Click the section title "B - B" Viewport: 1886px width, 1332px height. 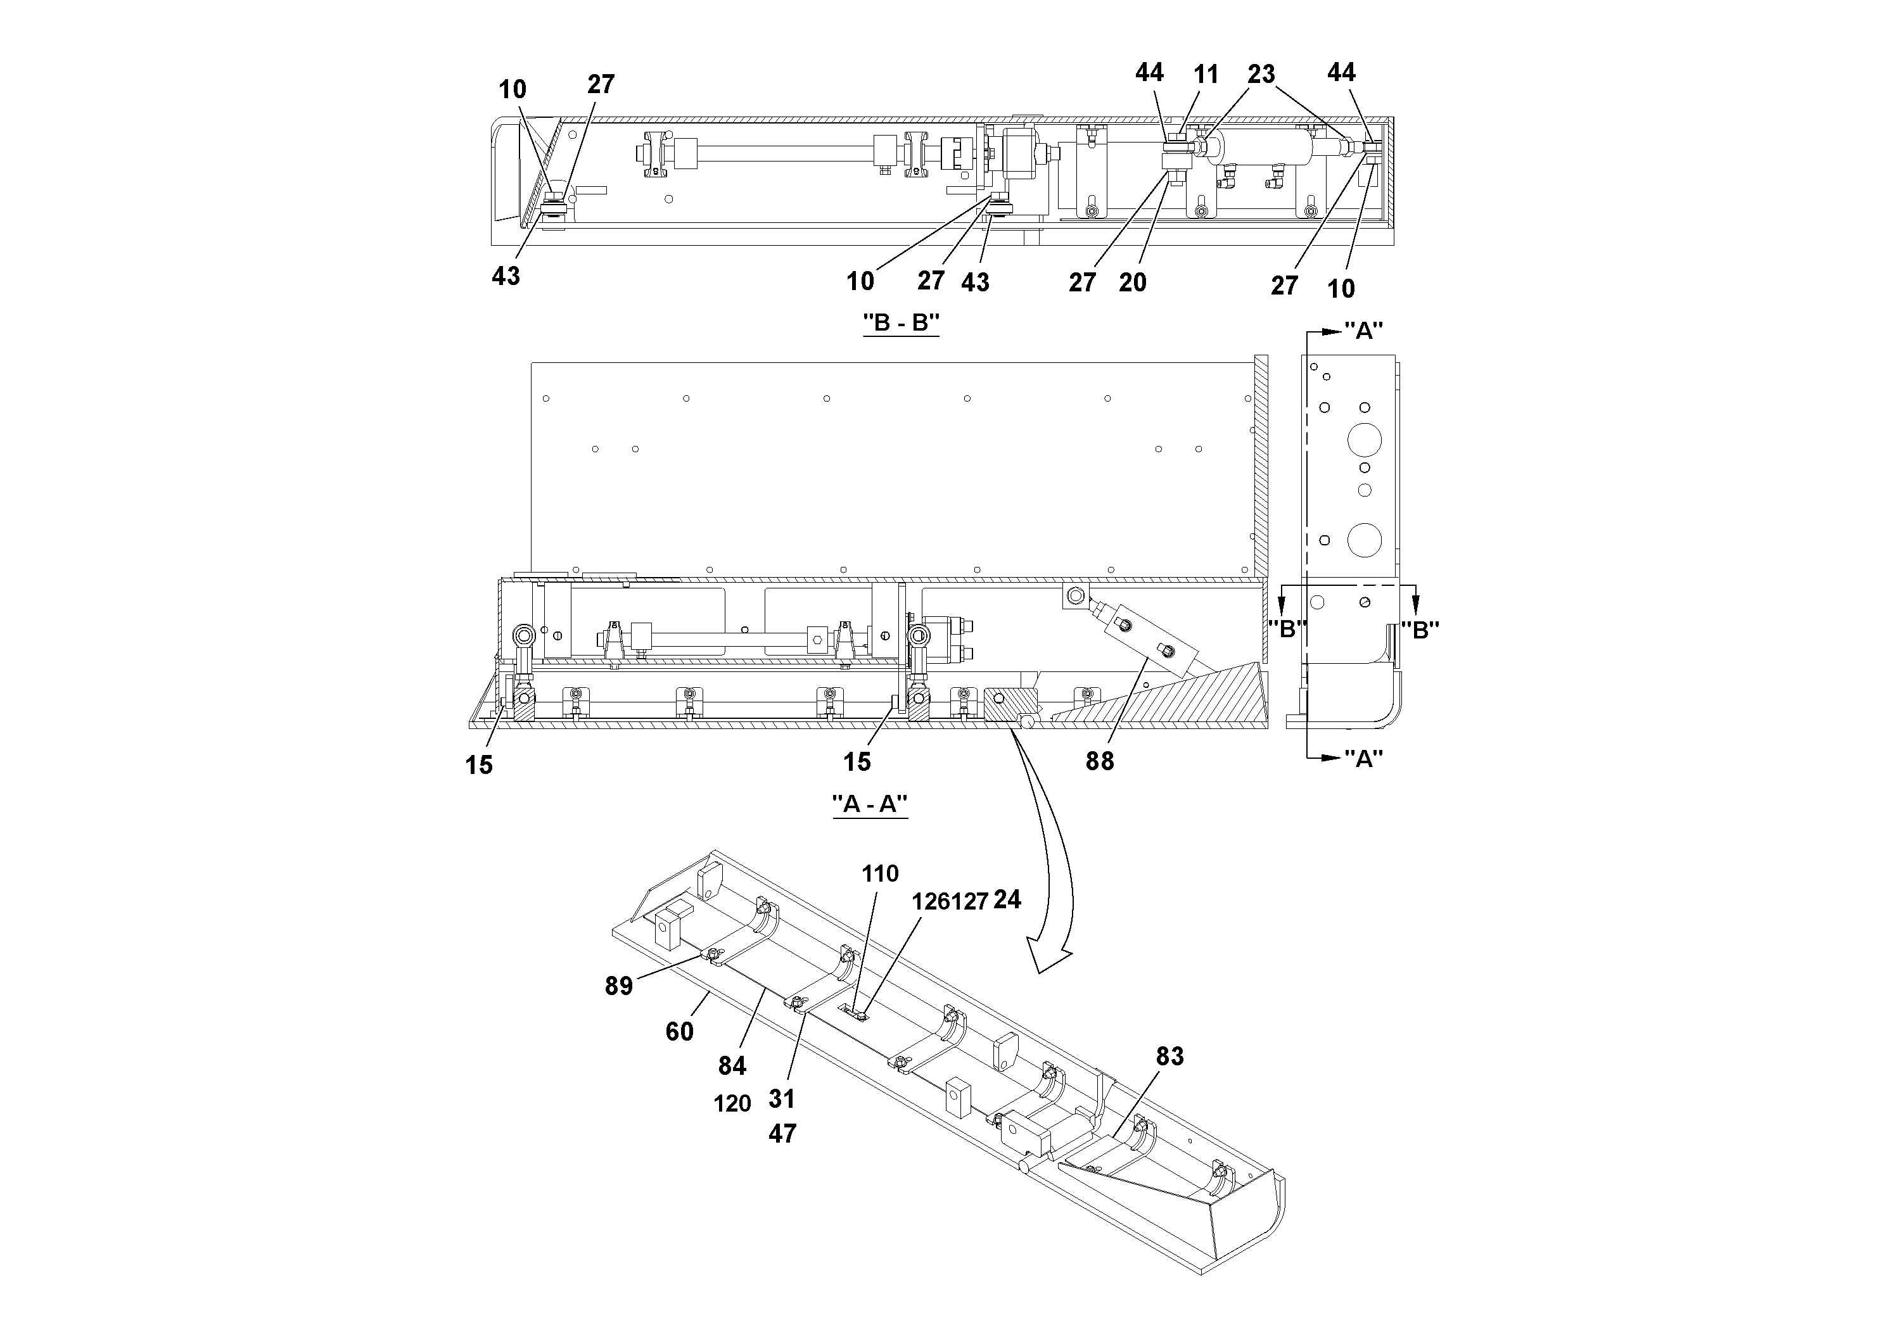[x=900, y=323]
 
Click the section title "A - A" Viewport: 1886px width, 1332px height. [x=869, y=804]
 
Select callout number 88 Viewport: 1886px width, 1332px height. [x=1099, y=761]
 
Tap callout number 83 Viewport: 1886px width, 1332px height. [x=1169, y=1056]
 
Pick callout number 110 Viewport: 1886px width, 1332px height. [x=880, y=874]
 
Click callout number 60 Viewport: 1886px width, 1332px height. [x=679, y=1031]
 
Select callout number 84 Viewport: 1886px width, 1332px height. [x=732, y=1066]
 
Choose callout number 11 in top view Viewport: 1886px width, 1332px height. [x=1205, y=75]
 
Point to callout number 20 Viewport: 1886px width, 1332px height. [x=1132, y=282]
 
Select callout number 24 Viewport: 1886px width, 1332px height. [x=1007, y=900]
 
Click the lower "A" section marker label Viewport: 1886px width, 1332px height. [x=1363, y=759]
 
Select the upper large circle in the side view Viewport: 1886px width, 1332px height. [x=1365, y=440]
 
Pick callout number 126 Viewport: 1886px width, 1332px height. [x=930, y=902]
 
